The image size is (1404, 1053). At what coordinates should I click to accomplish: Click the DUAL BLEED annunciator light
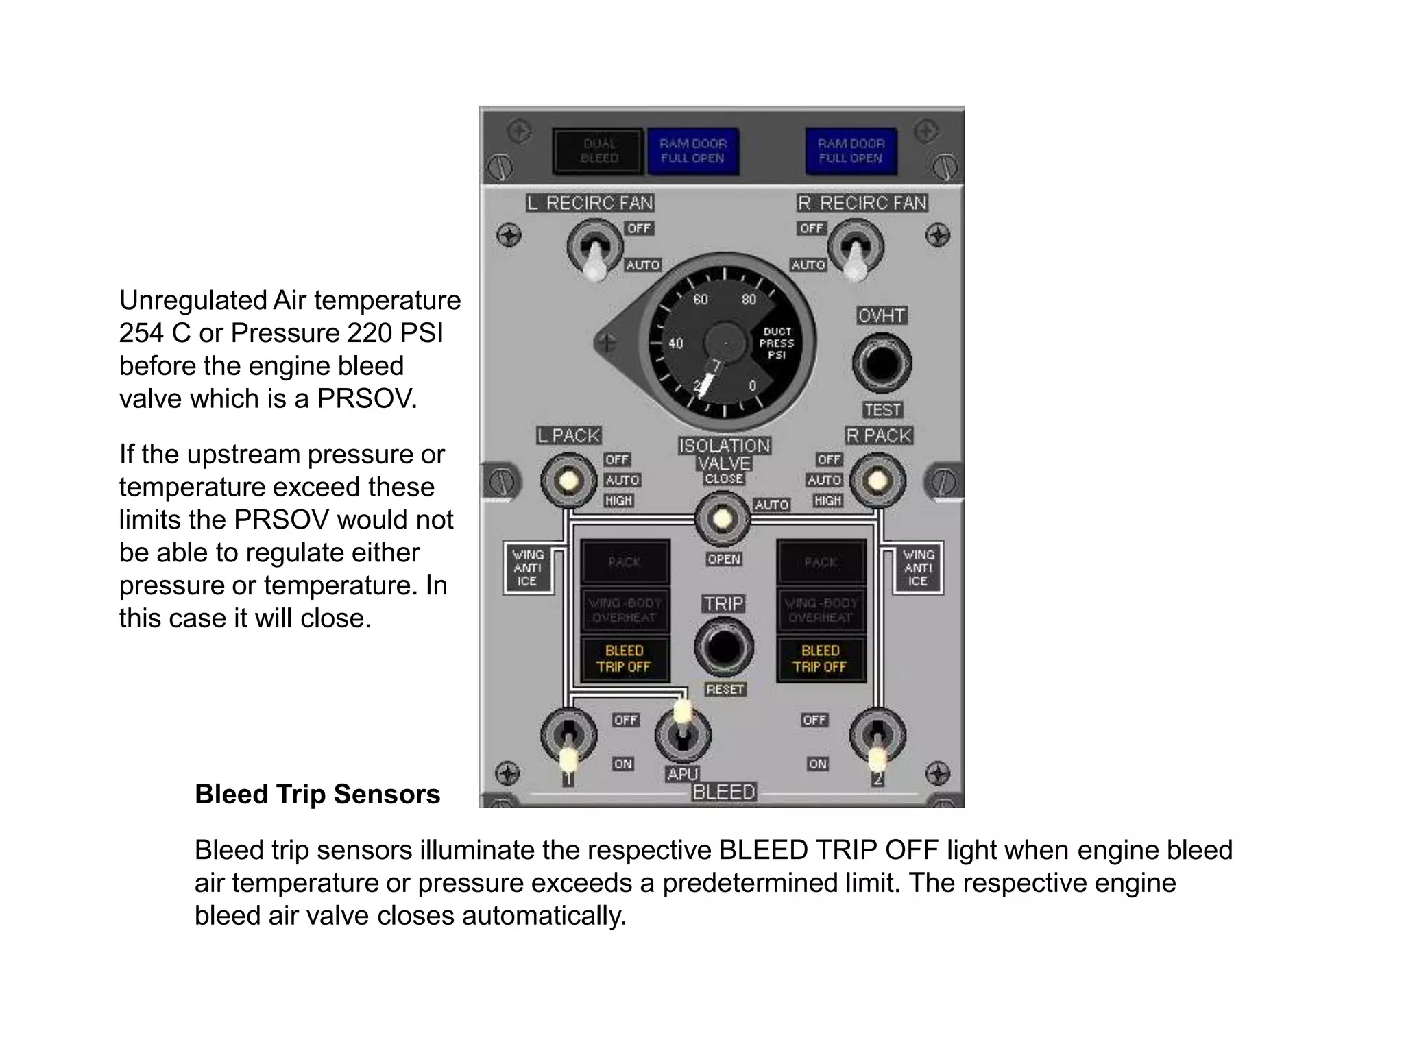click(x=599, y=151)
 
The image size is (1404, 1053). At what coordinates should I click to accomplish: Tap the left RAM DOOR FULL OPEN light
click(x=692, y=151)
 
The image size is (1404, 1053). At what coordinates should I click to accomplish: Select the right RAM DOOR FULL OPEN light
click(x=851, y=151)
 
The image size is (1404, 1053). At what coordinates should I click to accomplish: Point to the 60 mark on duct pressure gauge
click(x=700, y=300)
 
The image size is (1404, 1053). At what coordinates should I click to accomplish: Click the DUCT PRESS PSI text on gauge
click(x=776, y=343)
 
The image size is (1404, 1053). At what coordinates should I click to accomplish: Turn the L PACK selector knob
click(x=568, y=480)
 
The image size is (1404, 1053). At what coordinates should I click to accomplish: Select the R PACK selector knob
click(x=877, y=480)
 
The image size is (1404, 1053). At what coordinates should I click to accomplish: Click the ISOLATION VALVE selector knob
click(x=722, y=519)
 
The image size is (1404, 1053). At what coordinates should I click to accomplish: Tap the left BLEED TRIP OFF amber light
click(x=624, y=659)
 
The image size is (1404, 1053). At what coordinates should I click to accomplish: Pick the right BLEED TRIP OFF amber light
click(x=820, y=659)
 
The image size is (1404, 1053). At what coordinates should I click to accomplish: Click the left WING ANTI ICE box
click(x=527, y=568)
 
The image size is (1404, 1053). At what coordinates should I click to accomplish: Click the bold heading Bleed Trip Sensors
click(x=317, y=795)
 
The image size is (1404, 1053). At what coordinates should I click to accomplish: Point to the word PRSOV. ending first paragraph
click(x=367, y=398)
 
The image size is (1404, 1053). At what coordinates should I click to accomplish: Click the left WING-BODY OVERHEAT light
click(x=624, y=610)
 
